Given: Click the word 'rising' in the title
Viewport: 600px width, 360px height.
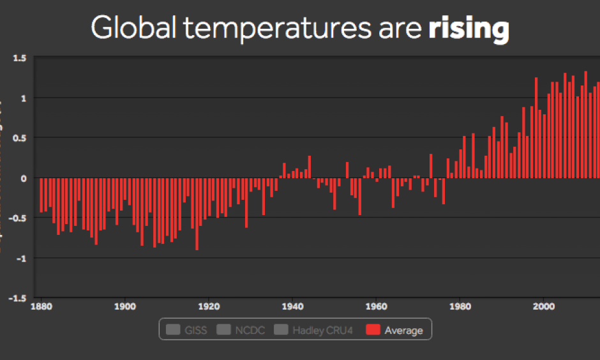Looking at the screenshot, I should pyautogui.click(x=469, y=29).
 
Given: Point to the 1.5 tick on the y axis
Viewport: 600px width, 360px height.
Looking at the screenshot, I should pyautogui.click(x=19, y=58).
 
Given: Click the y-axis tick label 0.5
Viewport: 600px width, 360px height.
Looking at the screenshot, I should pyautogui.click(x=19, y=138).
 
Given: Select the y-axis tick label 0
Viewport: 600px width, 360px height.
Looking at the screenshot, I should pyautogui.click(x=23, y=178).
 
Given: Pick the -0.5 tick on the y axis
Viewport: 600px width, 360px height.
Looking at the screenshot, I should pyautogui.click(x=17, y=218).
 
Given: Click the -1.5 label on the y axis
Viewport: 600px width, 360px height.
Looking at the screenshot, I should pyautogui.click(x=17, y=297).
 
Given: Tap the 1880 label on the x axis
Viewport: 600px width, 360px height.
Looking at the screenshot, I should pyautogui.click(x=41, y=306).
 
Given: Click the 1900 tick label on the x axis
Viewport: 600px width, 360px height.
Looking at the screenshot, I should pyautogui.click(x=125, y=306).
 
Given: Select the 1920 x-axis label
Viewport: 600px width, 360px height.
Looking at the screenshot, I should pyautogui.click(x=209, y=306).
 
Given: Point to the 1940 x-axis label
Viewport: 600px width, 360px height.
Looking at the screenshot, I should pyautogui.click(x=292, y=306).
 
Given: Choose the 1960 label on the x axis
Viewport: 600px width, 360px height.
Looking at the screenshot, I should pyautogui.click(x=376, y=306).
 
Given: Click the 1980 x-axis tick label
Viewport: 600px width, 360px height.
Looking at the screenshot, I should pyautogui.click(x=460, y=306).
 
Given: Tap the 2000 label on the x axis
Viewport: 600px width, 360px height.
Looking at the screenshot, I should pyautogui.click(x=543, y=306).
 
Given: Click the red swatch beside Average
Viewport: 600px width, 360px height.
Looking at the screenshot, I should pyautogui.click(x=373, y=330).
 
